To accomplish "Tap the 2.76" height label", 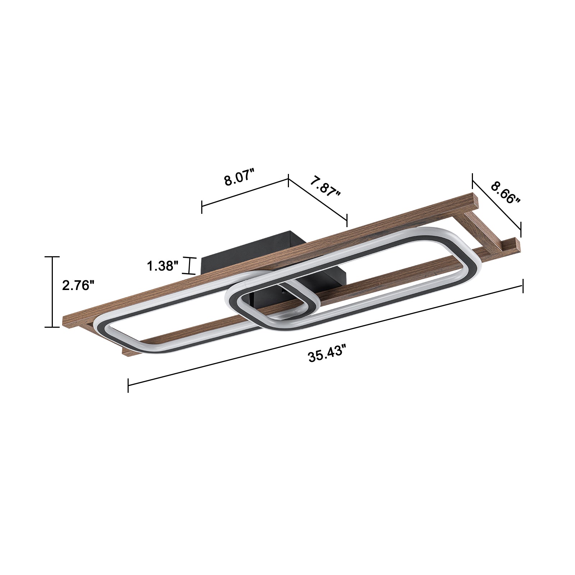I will click(x=78, y=286).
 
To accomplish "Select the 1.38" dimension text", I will click(x=162, y=266).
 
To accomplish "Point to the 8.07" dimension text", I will click(x=239, y=179).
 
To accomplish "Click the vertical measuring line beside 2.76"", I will click(x=52, y=292).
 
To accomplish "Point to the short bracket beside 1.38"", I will click(x=190, y=266).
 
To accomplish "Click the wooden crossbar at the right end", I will click(x=482, y=230).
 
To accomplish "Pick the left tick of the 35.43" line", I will click(x=128, y=385).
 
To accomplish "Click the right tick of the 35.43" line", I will click(x=523, y=286).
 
